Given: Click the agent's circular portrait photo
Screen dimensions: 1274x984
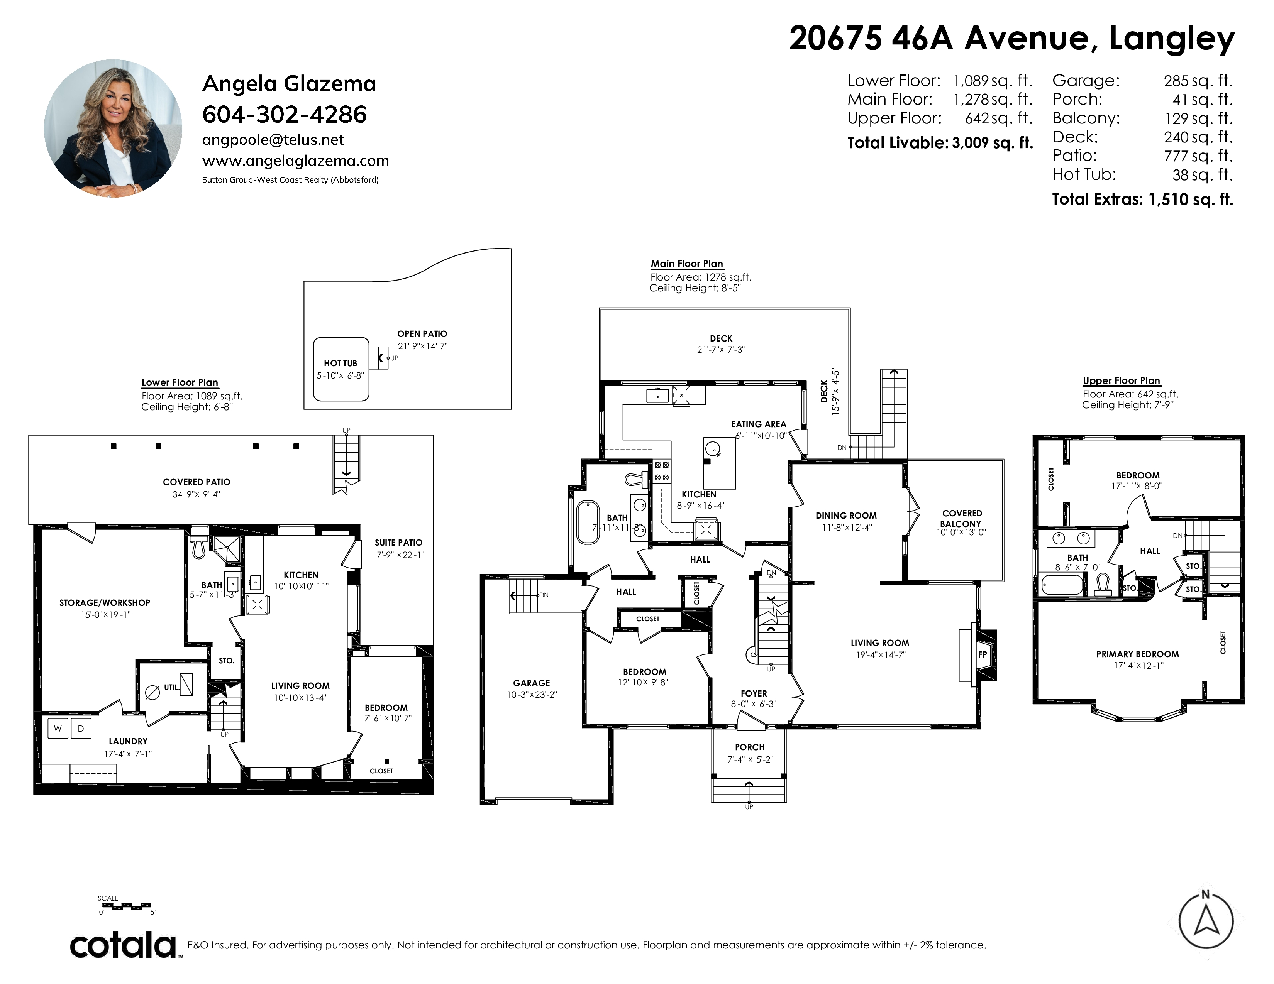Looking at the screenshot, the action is (x=113, y=128).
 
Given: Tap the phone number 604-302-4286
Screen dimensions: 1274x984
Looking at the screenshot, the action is (x=285, y=115).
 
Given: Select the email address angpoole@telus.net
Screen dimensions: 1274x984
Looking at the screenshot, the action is (x=273, y=140).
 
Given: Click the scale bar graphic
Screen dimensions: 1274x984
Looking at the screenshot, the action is (x=127, y=906).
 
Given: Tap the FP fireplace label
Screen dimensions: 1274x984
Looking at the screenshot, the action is (x=983, y=654).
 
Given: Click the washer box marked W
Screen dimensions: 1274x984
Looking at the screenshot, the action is (x=58, y=728).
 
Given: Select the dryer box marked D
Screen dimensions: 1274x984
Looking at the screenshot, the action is (x=81, y=728).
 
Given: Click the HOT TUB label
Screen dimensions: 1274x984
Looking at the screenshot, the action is (x=341, y=363).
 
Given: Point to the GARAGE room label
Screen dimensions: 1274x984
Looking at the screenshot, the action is (x=532, y=683).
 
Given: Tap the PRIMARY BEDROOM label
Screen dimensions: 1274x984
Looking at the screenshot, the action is (x=1137, y=654).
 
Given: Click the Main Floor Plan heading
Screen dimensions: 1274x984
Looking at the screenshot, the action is (x=687, y=264).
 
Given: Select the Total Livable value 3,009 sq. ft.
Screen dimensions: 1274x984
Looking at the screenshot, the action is (x=992, y=143).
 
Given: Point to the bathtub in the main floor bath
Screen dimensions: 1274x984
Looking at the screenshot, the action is (x=588, y=522).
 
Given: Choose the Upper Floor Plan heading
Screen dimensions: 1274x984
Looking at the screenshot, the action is (x=1121, y=380).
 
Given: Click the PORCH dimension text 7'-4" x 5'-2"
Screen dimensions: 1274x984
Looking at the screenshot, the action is (x=750, y=759).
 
